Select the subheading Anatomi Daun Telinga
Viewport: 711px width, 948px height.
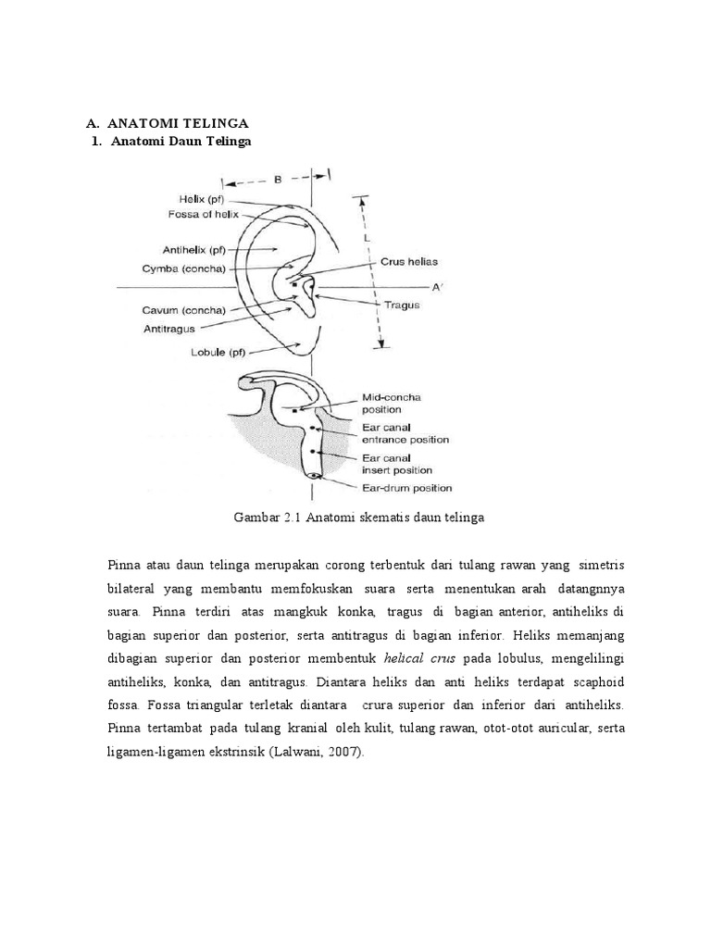point(181,141)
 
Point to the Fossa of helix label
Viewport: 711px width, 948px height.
point(203,214)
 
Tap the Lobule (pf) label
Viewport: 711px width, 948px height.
point(194,353)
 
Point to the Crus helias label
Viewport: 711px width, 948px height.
point(409,262)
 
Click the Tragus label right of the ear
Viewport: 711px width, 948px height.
point(402,305)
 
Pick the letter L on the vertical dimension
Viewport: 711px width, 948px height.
point(367,238)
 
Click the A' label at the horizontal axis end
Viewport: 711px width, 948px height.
point(438,287)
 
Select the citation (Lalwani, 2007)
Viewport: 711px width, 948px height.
point(316,753)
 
